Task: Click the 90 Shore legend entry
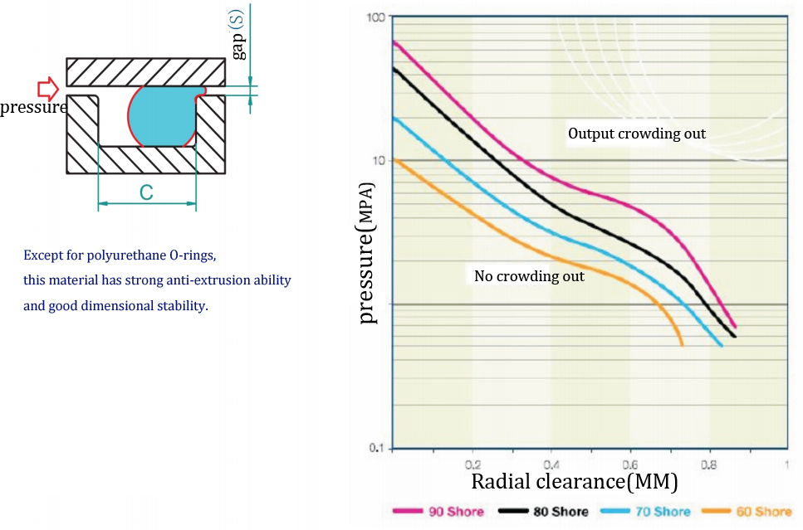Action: point(438,511)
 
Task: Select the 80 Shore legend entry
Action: point(543,511)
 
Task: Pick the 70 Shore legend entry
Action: point(645,511)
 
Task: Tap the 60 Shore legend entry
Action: point(747,511)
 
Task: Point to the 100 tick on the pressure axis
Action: point(375,17)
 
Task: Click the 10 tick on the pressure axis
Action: point(379,161)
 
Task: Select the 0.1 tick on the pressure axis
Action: point(377,448)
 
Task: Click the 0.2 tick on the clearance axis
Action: point(472,464)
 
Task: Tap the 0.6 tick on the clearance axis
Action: point(630,464)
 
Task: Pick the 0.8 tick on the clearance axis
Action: point(709,464)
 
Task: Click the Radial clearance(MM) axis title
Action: point(574,482)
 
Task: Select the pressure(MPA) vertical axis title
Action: point(367,253)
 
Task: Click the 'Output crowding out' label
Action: point(637,134)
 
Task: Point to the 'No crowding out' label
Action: point(529,276)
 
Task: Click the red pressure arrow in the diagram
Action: point(48,89)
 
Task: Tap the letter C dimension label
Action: point(146,193)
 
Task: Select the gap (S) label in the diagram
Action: point(237,36)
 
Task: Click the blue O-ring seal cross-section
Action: point(163,116)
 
